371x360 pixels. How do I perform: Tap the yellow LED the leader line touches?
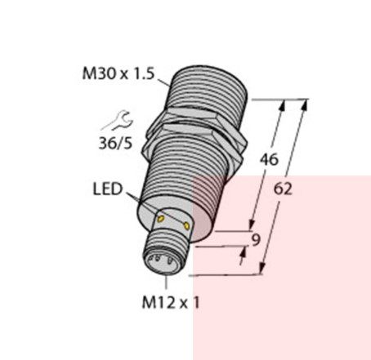[162, 216]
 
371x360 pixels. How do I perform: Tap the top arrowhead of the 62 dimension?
[306, 104]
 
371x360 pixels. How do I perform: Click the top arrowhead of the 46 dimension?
[285, 104]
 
